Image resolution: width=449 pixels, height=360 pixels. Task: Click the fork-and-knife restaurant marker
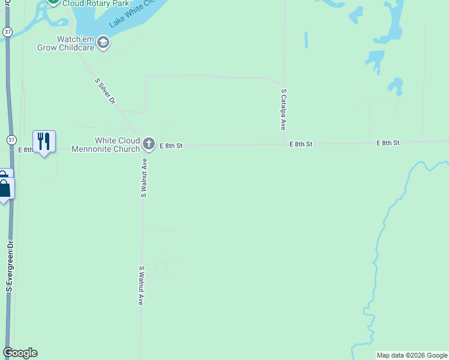(44, 142)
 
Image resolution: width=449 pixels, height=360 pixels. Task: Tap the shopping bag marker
(5, 188)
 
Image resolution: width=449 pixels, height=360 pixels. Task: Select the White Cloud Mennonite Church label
(106, 145)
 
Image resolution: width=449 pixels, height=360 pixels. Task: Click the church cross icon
(149, 144)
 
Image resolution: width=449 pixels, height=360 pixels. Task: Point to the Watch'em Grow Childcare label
(74, 43)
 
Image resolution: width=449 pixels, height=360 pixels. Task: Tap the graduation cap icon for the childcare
(103, 42)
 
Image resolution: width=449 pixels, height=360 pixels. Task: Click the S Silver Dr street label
(105, 91)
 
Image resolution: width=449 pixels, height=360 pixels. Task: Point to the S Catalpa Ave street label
(283, 110)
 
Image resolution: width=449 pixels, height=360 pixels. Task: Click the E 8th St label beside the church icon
(170, 145)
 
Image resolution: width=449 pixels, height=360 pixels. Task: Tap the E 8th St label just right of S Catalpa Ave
(301, 144)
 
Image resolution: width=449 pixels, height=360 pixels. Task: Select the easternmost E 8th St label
(388, 143)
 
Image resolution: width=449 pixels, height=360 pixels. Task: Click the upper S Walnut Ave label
(144, 178)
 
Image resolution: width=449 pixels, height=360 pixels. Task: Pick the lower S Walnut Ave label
(141, 286)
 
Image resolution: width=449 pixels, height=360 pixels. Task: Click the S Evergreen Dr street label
(10, 266)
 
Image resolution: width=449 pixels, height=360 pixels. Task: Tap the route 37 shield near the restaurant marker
(11, 140)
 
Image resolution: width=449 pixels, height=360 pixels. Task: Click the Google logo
(20, 353)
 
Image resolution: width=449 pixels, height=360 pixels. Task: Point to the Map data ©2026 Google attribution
(412, 355)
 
